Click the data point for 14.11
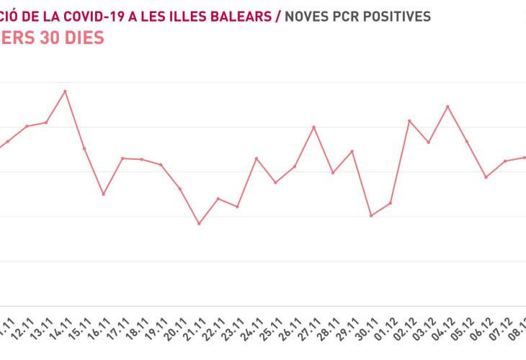point(65,91)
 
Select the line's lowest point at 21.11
point(199,224)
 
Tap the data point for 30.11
point(371,215)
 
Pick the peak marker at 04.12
point(448,107)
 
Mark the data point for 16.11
point(103,194)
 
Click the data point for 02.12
point(409,121)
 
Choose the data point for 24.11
point(257,158)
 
